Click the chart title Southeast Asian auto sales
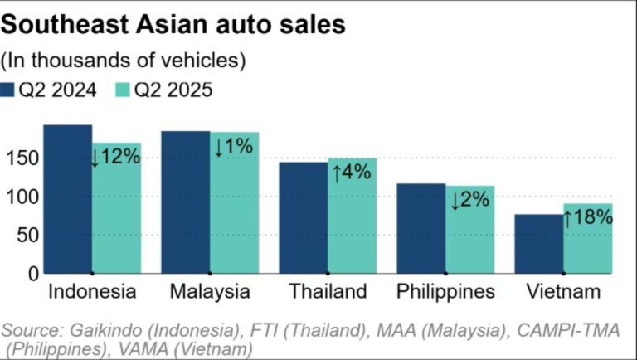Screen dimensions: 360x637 173,25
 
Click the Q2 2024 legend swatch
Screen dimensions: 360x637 9,90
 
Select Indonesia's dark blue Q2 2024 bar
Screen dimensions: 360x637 67,199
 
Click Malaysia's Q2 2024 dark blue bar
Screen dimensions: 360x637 185,202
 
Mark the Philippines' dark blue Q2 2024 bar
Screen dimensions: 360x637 421,228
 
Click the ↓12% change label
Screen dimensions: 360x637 116,155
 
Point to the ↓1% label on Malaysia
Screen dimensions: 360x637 234,147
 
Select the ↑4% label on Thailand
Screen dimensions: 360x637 353,173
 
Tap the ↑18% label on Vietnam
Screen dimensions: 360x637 588,217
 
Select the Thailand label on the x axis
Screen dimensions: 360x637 328,292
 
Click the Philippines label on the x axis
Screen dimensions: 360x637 445,292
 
